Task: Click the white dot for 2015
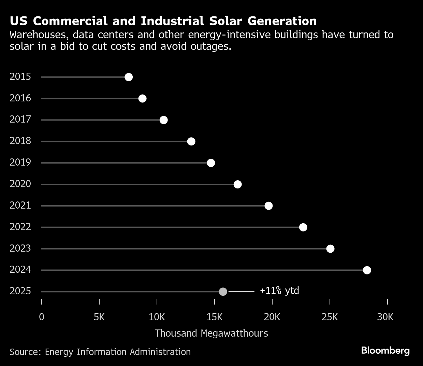tap(129, 77)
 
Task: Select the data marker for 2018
tap(191, 141)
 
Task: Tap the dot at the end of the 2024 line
tap(367, 270)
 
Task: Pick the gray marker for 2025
tap(223, 292)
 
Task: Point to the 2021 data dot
tap(269, 206)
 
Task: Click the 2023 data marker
tap(330, 249)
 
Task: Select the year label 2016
tap(20, 98)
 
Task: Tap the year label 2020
tap(20, 184)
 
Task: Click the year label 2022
tap(20, 227)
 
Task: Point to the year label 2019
tap(20, 162)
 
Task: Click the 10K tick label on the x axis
tap(157, 317)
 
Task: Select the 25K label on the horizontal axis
tap(330, 317)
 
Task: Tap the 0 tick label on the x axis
tap(42, 317)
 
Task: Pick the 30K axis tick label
tap(385, 317)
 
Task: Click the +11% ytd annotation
tap(279, 291)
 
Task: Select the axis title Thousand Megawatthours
tap(211, 333)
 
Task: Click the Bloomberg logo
tap(385, 351)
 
